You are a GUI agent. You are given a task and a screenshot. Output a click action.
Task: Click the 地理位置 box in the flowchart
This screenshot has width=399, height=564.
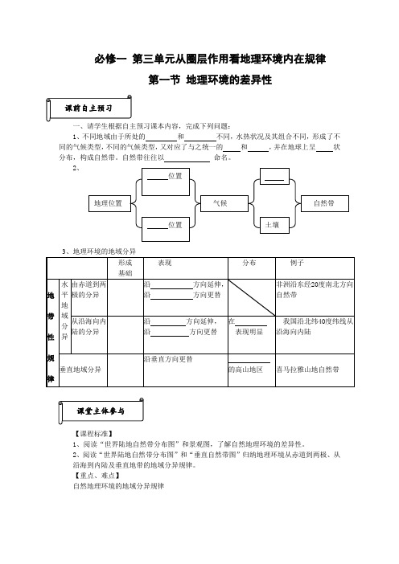pyautogui.click(x=109, y=203)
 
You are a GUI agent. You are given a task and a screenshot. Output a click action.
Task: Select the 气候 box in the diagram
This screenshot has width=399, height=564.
pyautogui.click(x=224, y=203)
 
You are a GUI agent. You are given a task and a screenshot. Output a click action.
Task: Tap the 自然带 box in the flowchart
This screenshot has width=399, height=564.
pyautogui.click(x=324, y=203)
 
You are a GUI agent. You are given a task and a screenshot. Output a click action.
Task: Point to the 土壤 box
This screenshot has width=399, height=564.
pyautogui.click(x=274, y=225)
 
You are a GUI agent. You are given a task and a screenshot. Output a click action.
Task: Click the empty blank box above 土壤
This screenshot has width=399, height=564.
pyautogui.click(x=274, y=176)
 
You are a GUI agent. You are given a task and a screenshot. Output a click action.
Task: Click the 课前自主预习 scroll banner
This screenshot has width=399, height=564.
pyautogui.click(x=88, y=108)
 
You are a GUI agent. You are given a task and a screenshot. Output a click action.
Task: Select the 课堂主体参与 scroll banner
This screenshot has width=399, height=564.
pyautogui.click(x=101, y=411)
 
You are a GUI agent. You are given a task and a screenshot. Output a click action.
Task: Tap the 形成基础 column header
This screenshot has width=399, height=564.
pyautogui.click(x=125, y=268)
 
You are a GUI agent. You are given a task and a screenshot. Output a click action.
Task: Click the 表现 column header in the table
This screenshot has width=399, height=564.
pyautogui.click(x=186, y=268)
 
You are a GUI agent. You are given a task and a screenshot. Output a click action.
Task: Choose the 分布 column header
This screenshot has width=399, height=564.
pyautogui.click(x=252, y=268)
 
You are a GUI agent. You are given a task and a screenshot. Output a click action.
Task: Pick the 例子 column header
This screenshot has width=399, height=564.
pyautogui.click(x=315, y=268)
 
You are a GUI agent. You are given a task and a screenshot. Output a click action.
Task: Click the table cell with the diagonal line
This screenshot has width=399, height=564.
pyautogui.click(x=252, y=297)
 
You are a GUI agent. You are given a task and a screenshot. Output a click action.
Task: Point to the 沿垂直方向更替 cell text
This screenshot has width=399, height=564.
pyautogui.click(x=168, y=359)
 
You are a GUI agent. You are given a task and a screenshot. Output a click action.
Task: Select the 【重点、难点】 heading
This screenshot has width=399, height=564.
pyautogui.click(x=97, y=476)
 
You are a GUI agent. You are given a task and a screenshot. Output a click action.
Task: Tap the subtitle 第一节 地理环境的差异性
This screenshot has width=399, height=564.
pyautogui.click(x=210, y=80)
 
